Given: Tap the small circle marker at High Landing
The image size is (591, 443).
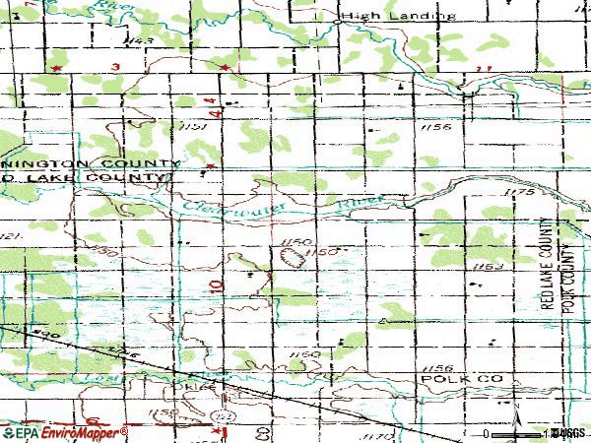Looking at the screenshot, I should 339,17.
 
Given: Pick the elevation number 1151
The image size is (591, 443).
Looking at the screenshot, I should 192,127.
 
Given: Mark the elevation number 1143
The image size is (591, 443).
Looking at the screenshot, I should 141,39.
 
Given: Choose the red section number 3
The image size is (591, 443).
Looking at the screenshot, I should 115,65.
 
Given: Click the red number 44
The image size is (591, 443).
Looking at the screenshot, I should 211,101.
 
